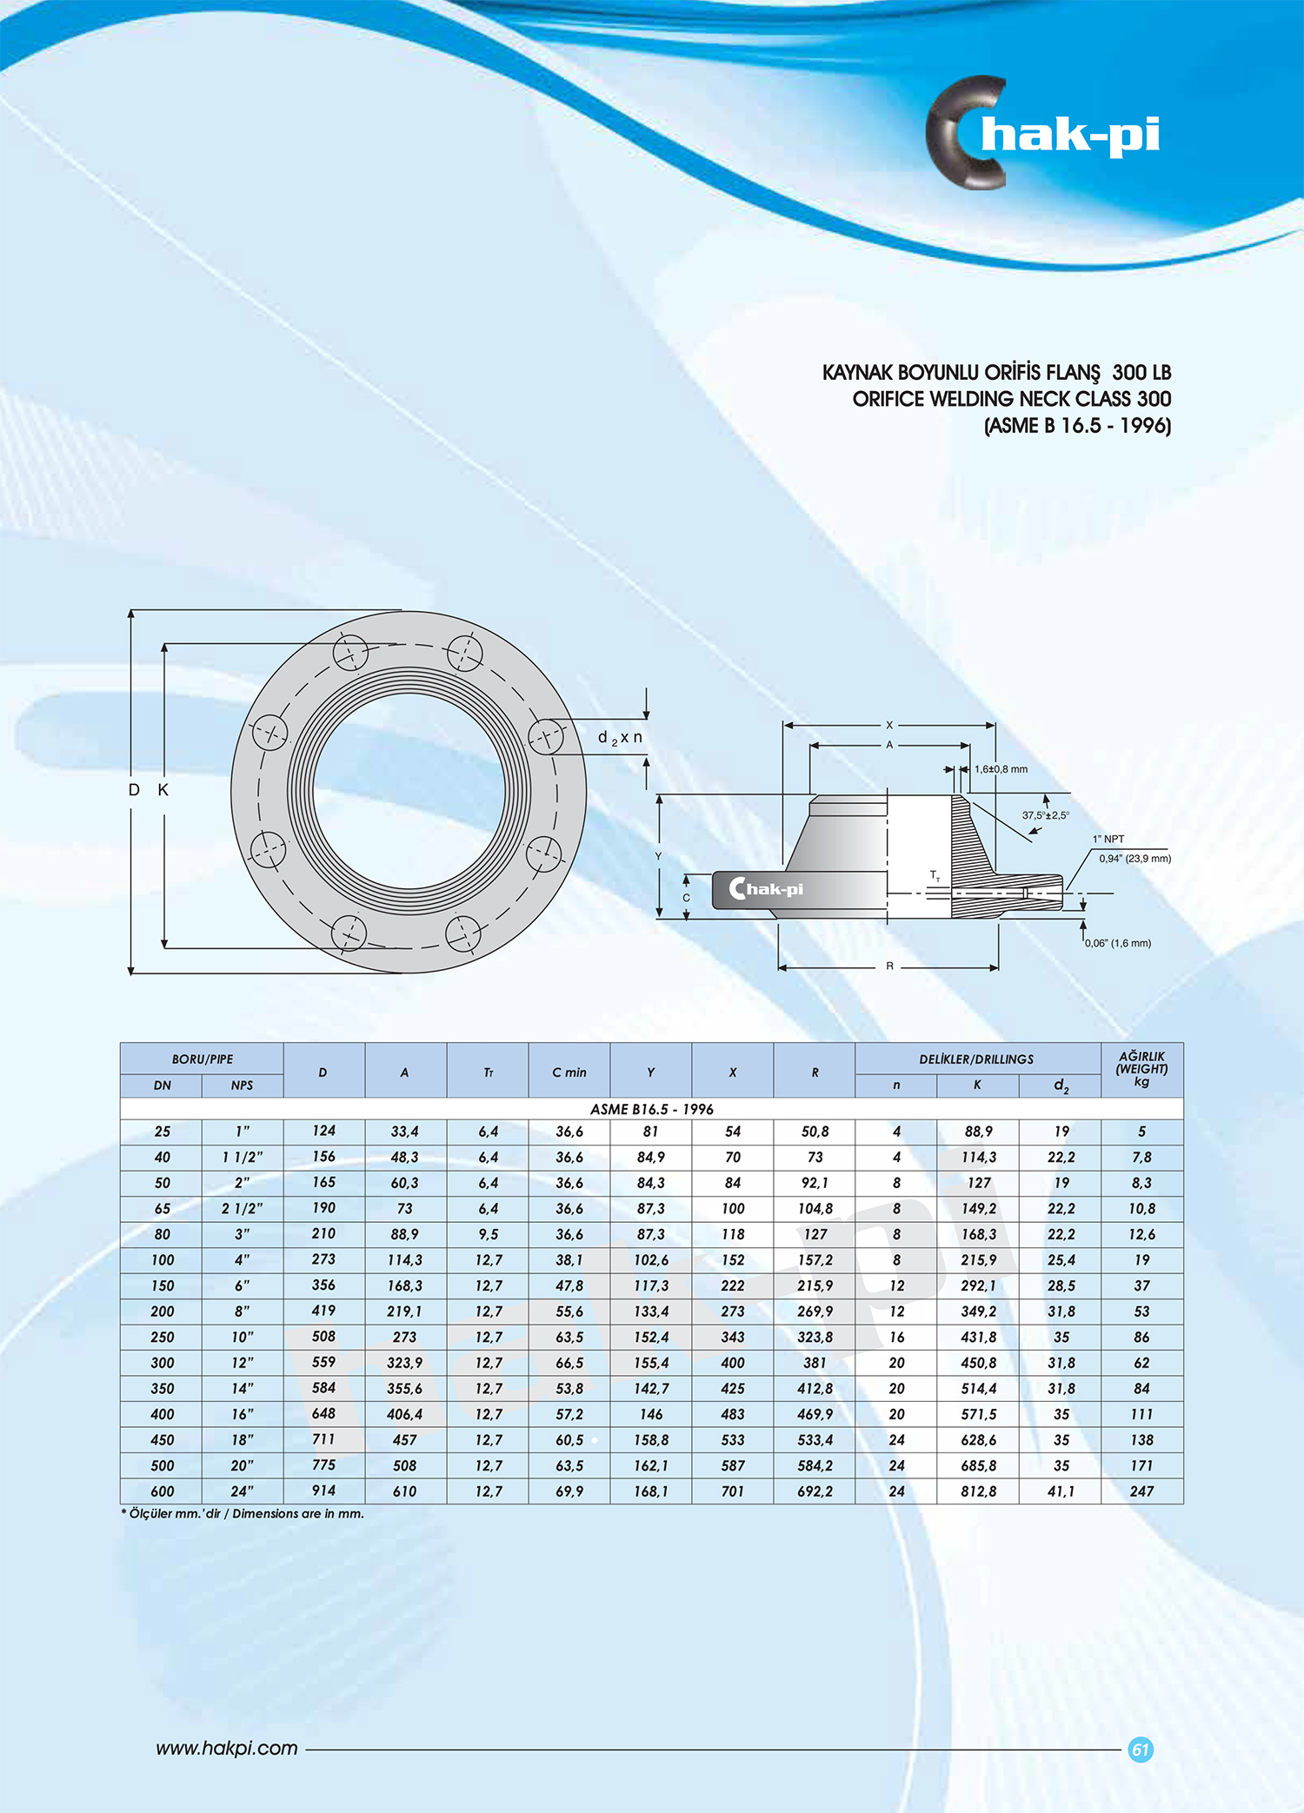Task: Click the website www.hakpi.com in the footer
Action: tap(227, 1748)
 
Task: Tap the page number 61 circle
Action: tap(1141, 1750)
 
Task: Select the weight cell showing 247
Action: tap(1141, 1491)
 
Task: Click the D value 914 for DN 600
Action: tap(323, 1491)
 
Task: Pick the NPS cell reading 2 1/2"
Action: tap(242, 1208)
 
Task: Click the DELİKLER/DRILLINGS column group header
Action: tap(976, 1059)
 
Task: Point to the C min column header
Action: tap(569, 1073)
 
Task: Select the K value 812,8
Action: tap(978, 1491)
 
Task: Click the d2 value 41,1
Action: tap(1061, 1491)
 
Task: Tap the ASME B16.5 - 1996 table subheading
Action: tap(651, 1109)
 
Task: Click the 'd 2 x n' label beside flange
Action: tap(620, 737)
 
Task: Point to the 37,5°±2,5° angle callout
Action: tap(1045, 815)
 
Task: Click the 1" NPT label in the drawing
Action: tap(1108, 839)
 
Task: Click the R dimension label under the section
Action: tap(889, 966)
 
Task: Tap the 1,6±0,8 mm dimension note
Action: tap(1001, 769)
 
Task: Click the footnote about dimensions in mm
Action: tap(243, 1513)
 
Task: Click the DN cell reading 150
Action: tap(163, 1285)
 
